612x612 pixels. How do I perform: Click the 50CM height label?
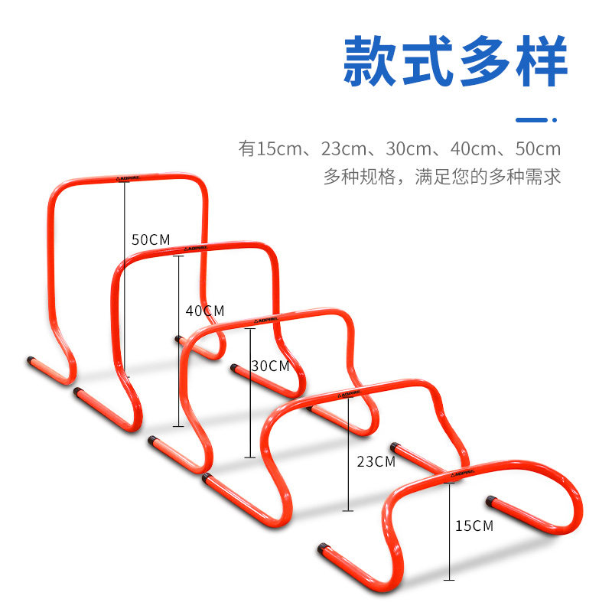tap(151, 239)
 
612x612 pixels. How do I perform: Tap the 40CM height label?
tap(205, 311)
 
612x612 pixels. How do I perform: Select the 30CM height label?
tap(271, 366)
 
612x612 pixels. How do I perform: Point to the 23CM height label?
tap(376, 461)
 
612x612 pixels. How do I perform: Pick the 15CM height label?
tap(474, 526)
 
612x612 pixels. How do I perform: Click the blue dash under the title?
tap(532, 119)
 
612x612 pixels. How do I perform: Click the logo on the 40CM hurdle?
tap(194, 249)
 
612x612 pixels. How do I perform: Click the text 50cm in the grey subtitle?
tap(538, 148)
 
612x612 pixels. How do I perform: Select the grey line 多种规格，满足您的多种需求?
tap(442, 177)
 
